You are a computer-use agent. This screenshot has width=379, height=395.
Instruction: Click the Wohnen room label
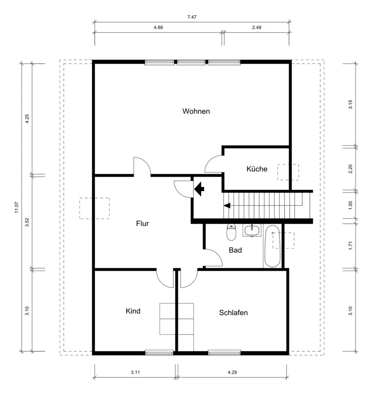coord(196,111)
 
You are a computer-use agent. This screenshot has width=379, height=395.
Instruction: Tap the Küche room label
coord(257,169)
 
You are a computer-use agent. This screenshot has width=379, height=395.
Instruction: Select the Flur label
coord(142,224)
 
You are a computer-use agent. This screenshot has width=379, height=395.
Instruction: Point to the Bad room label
coord(235,250)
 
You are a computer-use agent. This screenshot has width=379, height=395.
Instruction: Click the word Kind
coord(133,311)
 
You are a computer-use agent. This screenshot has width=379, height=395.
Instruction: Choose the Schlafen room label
coord(233,312)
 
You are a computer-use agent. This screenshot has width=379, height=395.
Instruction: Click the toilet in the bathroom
coord(231,232)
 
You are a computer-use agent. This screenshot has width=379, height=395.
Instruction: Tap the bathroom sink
coord(252,230)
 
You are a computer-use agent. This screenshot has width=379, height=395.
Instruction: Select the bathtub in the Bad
coord(272,246)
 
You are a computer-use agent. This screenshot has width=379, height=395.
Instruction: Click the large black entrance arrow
coord(199,189)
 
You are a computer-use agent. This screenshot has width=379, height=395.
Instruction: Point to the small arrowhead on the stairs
coord(227,206)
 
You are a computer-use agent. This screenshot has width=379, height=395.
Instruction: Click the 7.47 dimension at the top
coord(192,17)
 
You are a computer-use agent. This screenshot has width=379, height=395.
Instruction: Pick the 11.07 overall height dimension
coord(17,207)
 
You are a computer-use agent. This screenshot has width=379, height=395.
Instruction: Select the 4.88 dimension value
coord(158,28)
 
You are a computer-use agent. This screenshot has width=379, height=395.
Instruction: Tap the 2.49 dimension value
coord(256,28)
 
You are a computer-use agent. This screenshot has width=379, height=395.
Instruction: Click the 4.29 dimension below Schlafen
coord(232,372)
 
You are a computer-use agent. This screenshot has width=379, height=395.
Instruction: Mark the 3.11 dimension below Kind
coord(135,372)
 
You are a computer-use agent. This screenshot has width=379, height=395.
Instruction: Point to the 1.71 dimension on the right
coord(350,246)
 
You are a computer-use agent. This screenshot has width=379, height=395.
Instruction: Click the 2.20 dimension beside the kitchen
coord(350,169)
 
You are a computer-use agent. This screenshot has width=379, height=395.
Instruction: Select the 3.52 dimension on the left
coord(27,222)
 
